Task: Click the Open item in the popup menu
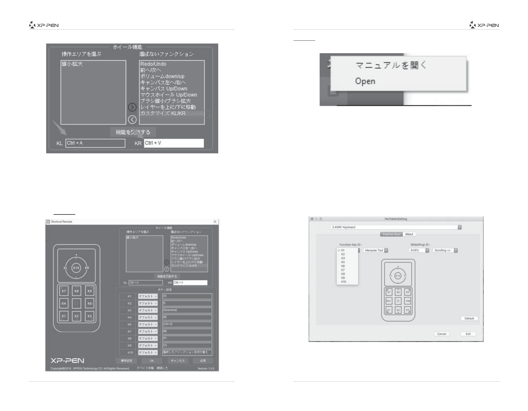point(365,81)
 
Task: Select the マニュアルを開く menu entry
point(391,65)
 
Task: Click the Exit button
point(468,334)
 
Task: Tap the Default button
point(469,318)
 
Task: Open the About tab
point(409,234)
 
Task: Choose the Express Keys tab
point(392,234)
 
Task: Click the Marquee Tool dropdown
point(376,250)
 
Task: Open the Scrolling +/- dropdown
point(445,250)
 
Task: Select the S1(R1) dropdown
point(419,250)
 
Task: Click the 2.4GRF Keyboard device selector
point(396,227)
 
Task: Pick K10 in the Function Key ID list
point(344,282)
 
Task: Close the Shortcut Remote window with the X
point(215,222)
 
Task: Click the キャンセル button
point(177,361)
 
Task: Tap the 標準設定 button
point(126,361)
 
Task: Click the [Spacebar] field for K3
point(187,310)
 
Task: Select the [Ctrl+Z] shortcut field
point(187,325)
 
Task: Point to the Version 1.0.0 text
point(206,369)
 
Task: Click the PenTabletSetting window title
point(396,219)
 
